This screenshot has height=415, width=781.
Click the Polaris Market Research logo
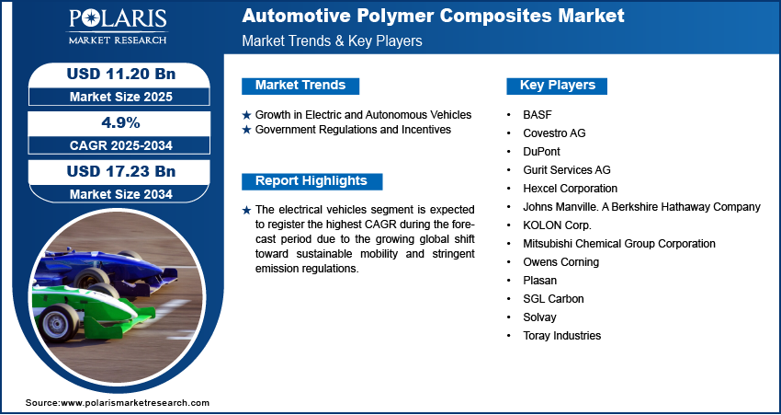tap(118, 26)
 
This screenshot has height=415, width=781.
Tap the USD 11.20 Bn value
tap(121, 74)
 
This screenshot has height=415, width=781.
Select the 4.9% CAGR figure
tap(121, 122)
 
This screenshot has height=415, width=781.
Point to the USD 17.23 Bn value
tap(121, 171)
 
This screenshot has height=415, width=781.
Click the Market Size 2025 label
tap(121, 97)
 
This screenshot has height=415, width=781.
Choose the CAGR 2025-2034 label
tap(121, 145)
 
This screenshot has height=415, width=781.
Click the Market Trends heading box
tap(300, 86)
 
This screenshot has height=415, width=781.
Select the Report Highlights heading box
tap(311, 181)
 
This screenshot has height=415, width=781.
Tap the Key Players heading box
tap(557, 86)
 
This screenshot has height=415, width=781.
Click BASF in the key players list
tap(538, 115)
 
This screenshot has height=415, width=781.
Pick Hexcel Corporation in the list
tap(571, 189)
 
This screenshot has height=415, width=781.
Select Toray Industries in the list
tap(561, 336)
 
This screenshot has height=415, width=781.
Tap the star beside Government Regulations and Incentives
tap(246, 130)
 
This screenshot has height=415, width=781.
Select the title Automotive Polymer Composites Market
tap(433, 16)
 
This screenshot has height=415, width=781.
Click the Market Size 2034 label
tap(121, 194)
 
